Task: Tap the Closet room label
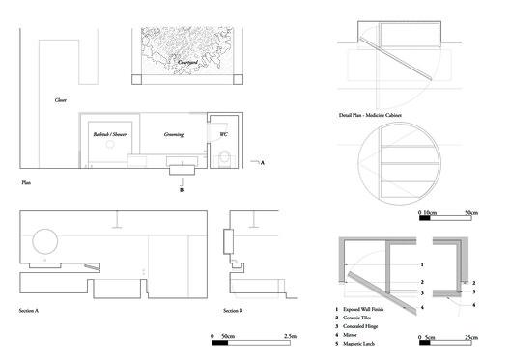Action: [60, 99]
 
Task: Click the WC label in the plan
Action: [223, 134]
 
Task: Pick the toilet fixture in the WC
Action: [224, 158]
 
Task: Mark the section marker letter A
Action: [262, 163]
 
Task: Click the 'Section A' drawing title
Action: [34, 311]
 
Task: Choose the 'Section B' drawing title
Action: [234, 311]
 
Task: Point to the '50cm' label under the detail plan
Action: [473, 211]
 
